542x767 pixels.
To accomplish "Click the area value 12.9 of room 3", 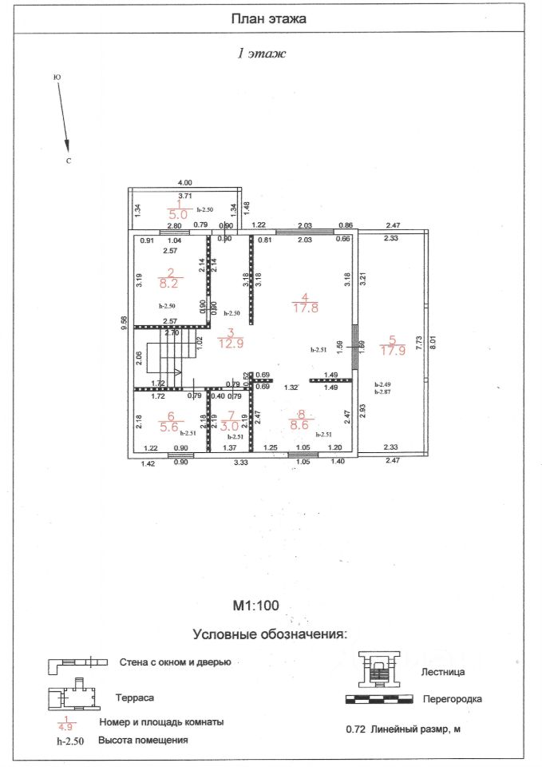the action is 231,344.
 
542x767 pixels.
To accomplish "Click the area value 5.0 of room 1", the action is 177,214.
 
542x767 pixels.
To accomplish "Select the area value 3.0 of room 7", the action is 232,427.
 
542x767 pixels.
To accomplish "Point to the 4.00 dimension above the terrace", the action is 184,183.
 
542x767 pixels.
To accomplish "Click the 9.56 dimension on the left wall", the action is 124,322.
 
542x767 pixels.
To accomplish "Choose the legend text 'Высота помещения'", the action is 143,740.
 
